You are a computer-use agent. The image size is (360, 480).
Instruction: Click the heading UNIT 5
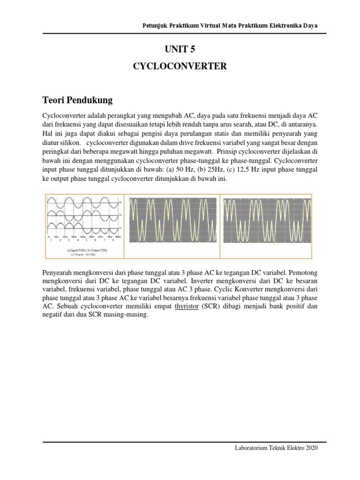180,47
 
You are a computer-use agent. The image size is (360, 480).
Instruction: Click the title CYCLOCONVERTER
180,67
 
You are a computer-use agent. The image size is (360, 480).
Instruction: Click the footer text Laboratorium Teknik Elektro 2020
276,448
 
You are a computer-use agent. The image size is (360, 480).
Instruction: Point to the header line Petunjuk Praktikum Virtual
230,25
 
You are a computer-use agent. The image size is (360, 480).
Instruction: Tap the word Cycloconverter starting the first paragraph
65,115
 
